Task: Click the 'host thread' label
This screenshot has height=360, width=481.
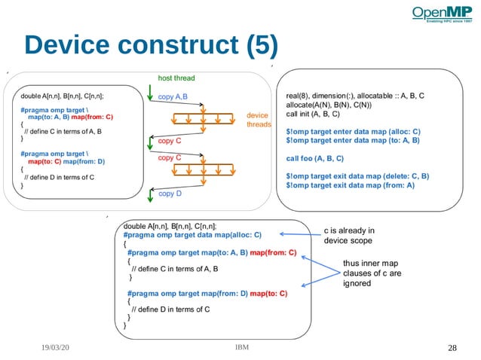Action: [176, 78]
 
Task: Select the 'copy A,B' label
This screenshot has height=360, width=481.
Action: [173, 96]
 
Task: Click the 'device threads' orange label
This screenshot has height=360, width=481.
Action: [259, 121]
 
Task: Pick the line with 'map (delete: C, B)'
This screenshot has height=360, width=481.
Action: [357, 177]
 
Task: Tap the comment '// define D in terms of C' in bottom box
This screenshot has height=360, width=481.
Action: [170, 309]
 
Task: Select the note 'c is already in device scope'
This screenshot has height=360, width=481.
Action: [348, 236]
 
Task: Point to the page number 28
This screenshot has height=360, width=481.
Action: [452, 348]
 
